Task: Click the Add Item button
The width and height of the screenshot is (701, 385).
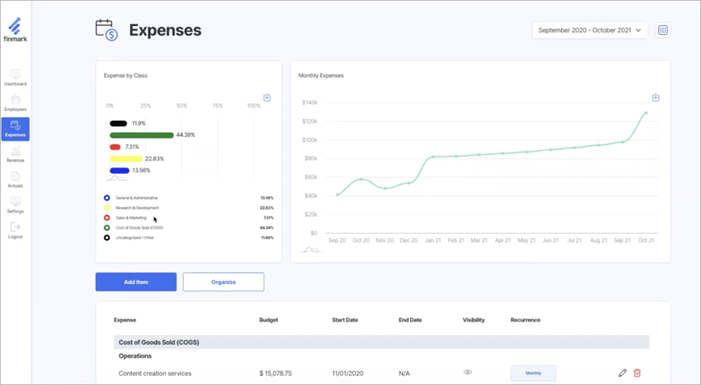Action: tap(135, 282)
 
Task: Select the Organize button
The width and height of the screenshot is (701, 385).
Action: tap(223, 282)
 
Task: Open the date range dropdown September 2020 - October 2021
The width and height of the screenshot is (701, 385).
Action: tap(590, 30)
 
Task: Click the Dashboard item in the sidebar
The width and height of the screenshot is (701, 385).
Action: tap(15, 78)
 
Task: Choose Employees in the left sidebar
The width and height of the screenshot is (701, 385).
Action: tap(15, 104)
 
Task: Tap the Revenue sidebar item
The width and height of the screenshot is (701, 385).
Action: tap(15, 155)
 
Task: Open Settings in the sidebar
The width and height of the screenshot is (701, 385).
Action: tap(15, 205)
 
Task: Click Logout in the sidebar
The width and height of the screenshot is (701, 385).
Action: tap(15, 231)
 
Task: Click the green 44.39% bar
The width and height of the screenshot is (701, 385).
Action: tap(142, 135)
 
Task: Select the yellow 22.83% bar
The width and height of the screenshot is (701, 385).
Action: tap(125, 158)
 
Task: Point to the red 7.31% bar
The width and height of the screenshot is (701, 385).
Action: tap(115, 147)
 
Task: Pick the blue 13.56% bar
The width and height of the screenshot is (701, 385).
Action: tap(119, 170)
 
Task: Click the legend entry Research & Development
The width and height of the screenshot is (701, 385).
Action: tap(137, 208)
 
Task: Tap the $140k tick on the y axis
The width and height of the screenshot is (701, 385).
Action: tap(310, 103)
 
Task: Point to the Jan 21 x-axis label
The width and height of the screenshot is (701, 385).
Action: tap(433, 241)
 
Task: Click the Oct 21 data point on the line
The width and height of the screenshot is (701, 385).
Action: tap(645, 113)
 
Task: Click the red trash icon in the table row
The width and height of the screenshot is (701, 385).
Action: tap(637, 373)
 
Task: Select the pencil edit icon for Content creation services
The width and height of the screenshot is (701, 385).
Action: tap(622, 373)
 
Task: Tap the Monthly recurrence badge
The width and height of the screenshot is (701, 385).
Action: tap(533, 373)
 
